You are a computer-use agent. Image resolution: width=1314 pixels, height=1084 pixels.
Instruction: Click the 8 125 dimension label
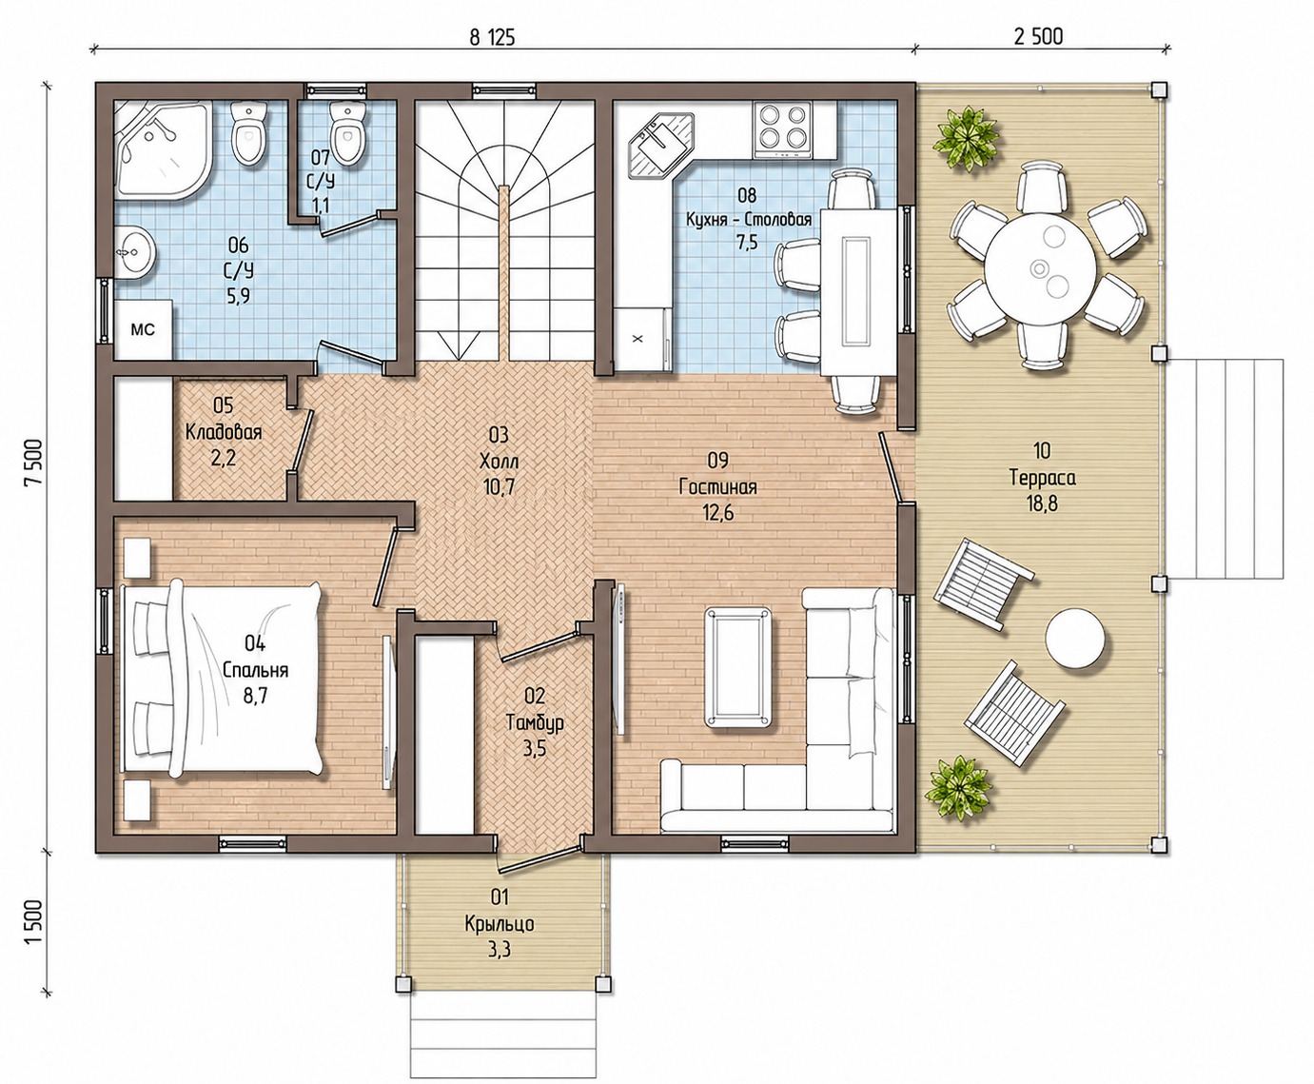[492, 38]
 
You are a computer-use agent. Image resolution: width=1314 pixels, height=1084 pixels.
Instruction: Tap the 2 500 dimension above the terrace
[1038, 36]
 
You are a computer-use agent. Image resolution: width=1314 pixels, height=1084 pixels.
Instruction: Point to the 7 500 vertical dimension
[33, 462]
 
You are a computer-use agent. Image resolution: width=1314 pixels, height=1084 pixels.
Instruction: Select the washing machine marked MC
[143, 330]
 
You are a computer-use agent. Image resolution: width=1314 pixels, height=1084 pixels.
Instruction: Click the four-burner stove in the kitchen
[782, 128]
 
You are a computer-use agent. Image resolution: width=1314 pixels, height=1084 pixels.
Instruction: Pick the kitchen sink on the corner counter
[660, 145]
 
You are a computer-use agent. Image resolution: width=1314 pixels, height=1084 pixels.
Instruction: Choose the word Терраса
[1042, 478]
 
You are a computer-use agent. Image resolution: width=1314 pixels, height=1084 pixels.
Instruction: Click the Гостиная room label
[718, 487]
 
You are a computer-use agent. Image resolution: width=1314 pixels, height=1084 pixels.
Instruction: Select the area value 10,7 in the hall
[498, 488]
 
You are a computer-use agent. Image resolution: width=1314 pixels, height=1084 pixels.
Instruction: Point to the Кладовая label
[224, 432]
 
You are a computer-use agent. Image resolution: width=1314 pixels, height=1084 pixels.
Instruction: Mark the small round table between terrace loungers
[1075, 638]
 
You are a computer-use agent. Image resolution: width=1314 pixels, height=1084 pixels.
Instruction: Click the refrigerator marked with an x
[637, 338]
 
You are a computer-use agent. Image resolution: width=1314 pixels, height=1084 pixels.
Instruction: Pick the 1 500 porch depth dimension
[34, 921]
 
